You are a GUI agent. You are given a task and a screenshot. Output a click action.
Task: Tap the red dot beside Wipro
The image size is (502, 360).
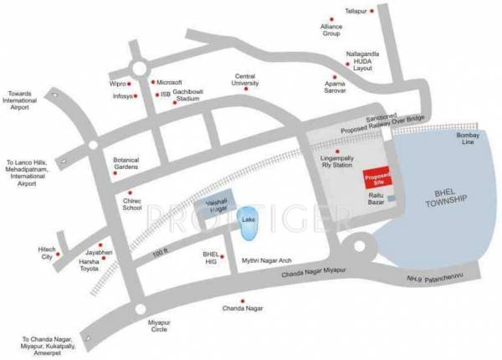click(134, 84)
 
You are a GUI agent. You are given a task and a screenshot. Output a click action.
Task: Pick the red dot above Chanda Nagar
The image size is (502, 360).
click(243, 301)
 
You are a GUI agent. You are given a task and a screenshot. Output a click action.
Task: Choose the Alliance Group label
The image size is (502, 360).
click(332, 32)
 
